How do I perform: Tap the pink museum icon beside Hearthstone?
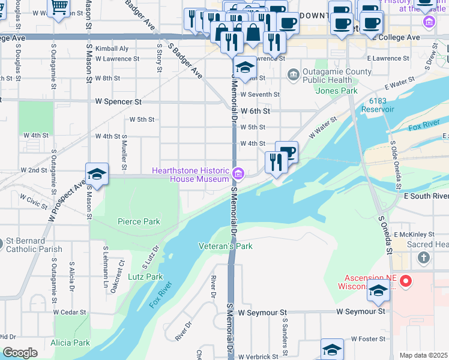coord(238,175)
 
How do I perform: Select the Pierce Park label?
coord(139,221)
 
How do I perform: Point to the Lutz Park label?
coord(145,277)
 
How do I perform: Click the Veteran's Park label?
coord(226,246)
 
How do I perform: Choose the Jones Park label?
coord(337,91)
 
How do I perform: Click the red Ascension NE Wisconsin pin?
coord(406,281)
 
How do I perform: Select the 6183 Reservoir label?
coord(378,106)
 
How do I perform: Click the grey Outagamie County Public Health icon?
coord(294,74)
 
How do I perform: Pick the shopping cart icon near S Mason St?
coord(59,7)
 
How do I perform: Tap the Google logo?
coord(20,353)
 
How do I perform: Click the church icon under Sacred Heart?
coord(424,258)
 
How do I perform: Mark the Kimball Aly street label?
coord(116,48)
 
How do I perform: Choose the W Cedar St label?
coord(70,312)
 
